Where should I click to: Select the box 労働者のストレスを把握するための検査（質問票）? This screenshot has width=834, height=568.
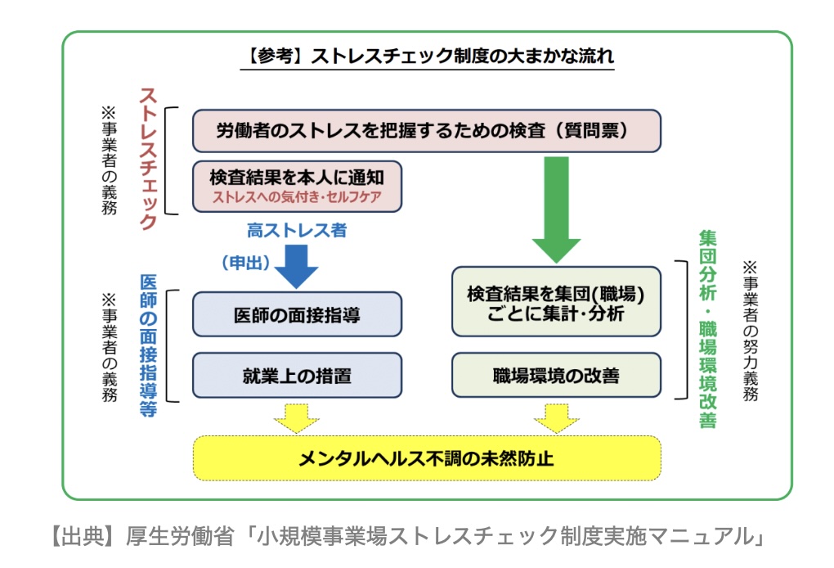[426, 130]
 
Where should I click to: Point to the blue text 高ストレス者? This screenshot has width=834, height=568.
[297, 230]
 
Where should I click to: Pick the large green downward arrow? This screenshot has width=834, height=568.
[556, 209]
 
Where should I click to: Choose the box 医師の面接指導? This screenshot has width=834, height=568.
[297, 314]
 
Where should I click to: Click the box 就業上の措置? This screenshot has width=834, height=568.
[297, 376]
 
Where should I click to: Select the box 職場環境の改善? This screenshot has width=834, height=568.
[556, 376]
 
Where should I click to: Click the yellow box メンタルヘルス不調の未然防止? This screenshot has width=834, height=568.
[426, 458]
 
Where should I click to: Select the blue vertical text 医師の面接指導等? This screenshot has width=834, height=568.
[148, 345]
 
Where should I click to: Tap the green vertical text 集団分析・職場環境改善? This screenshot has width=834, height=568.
[707, 328]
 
